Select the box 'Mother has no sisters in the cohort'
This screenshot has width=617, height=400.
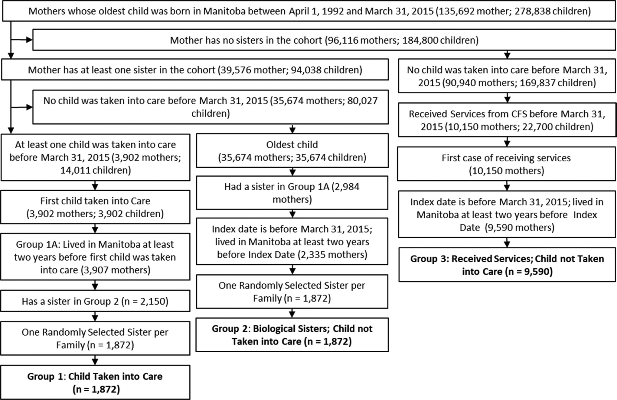tap(324, 40)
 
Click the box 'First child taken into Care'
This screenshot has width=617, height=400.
tap(95, 207)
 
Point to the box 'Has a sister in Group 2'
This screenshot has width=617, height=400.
tap(95, 301)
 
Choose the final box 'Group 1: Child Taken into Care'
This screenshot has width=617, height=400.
tap(95, 382)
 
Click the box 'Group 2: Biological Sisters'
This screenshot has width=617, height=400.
tap(292, 335)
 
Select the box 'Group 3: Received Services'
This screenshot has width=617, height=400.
tap(507, 265)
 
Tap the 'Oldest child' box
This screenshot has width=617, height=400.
tap(292, 150)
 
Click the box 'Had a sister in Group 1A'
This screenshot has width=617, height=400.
tap(292, 193)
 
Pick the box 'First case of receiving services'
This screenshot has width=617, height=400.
tap(506, 164)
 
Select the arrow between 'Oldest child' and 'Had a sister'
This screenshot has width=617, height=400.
tap(292, 172)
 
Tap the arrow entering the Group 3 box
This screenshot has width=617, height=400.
tap(507, 243)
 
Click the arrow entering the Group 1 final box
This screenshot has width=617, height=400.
tap(95, 360)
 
